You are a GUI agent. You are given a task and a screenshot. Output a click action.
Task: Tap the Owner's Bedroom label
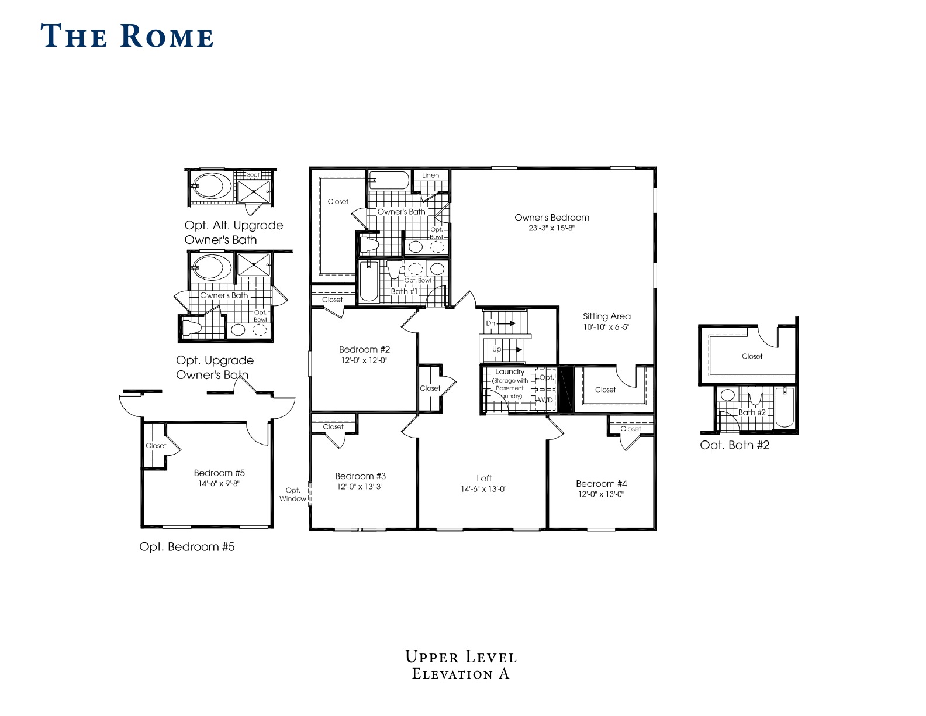[x=552, y=218]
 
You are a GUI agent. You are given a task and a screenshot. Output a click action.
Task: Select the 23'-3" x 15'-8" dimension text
[x=551, y=228]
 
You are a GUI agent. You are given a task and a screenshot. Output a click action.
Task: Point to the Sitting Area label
[x=606, y=316]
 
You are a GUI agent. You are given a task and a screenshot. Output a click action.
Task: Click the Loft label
[x=484, y=479]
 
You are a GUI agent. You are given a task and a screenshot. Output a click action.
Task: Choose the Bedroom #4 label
[x=602, y=484]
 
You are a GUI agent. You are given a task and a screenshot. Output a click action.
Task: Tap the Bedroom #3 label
[x=360, y=476]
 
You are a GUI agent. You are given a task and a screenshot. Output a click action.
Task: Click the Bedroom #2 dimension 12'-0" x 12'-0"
[x=364, y=360]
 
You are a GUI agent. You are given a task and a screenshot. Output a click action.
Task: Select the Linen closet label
[x=430, y=175]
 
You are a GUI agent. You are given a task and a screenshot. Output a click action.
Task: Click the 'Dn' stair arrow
[x=506, y=323]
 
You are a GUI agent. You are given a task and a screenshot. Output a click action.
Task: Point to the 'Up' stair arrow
[x=512, y=350]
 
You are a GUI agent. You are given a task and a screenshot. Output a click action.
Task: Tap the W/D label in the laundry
[x=545, y=400]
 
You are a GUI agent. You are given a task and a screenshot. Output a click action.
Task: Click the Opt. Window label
[x=293, y=495]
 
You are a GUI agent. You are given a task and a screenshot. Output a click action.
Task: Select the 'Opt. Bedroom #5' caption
[x=186, y=547]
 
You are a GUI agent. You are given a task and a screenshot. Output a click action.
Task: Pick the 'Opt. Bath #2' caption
[x=735, y=445]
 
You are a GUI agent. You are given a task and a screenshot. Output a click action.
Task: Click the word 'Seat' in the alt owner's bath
[x=253, y=175]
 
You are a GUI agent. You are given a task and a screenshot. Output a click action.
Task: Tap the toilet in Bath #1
[x=394, y=270]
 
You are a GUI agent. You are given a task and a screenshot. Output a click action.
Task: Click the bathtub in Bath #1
[x=369, y=281]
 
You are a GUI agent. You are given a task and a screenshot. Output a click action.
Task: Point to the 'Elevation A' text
[x=461, y=674]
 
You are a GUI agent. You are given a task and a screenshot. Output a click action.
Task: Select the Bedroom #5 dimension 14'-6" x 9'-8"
[x=219, y=484]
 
